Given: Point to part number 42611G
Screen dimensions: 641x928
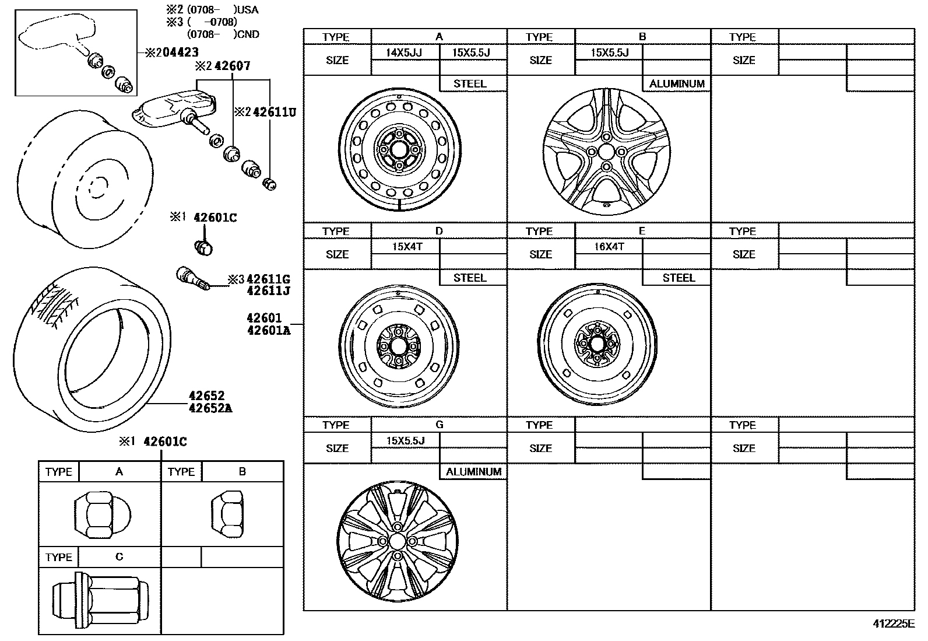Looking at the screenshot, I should (268, 279).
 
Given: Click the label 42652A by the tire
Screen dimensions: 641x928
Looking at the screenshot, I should (210, 408).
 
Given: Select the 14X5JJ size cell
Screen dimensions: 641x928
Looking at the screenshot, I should (404, 52).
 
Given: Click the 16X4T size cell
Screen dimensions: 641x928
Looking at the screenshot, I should (609, 247).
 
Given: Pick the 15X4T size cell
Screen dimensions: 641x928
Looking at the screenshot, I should (406, 247).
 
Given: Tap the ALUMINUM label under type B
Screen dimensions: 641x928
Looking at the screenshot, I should (677, 84).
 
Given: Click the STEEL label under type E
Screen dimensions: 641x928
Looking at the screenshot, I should (679, 278).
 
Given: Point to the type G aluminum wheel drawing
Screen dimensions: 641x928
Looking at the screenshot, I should (397, 541).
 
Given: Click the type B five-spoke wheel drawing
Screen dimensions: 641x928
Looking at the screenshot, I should (606, 152).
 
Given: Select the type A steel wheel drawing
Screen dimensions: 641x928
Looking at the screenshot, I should (399, 150).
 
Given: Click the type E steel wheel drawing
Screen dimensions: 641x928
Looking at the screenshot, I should (597, 345).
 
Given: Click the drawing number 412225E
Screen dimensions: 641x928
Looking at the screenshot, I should (893, 624).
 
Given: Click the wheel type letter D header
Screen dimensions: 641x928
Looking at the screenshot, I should (439, 231).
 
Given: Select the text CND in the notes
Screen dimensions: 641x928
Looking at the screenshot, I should (249, 34).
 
